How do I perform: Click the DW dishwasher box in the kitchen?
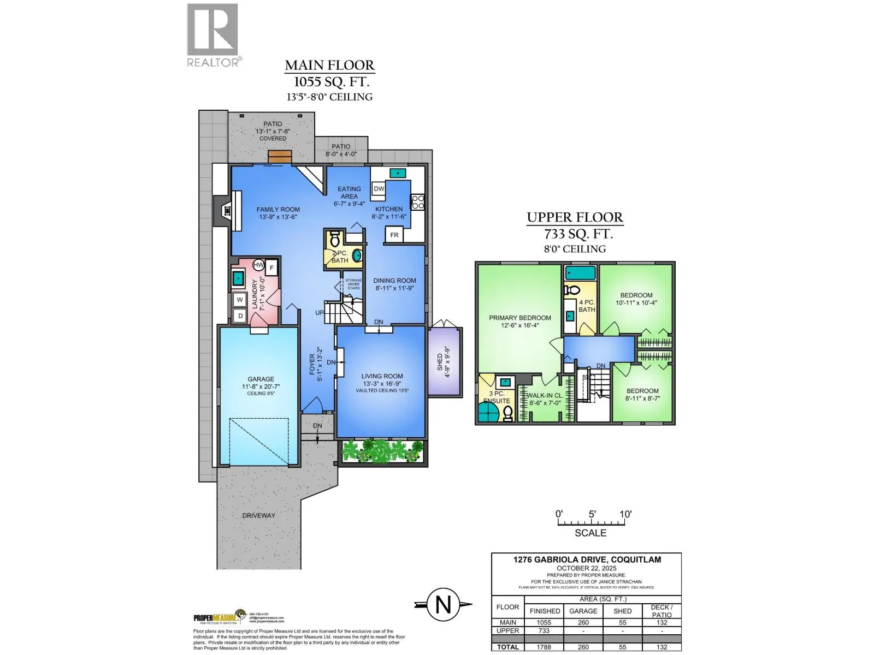[x=379, y=189]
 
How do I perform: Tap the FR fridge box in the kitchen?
[x=394, y=235]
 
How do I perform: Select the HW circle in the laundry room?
[x=258, y=265]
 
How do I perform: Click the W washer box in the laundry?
[x=240, y=300]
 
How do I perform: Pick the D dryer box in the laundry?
[x=240, y=315]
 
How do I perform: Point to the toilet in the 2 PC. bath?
[x=335, y=239]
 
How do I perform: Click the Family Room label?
[x=278, y=210]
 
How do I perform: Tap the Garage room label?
[x=261, y=379]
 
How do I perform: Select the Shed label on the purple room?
[x=440, y=362]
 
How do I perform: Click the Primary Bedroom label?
[x=519, y=318]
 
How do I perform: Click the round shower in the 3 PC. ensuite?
[x=489, y=413]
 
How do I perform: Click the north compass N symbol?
[x=443, y=604]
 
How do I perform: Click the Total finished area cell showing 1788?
[x=545, y=647]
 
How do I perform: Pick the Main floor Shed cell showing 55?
[x=622, y=622]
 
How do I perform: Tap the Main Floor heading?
[x=329, y=65]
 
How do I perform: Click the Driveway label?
[x=259, y=515]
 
